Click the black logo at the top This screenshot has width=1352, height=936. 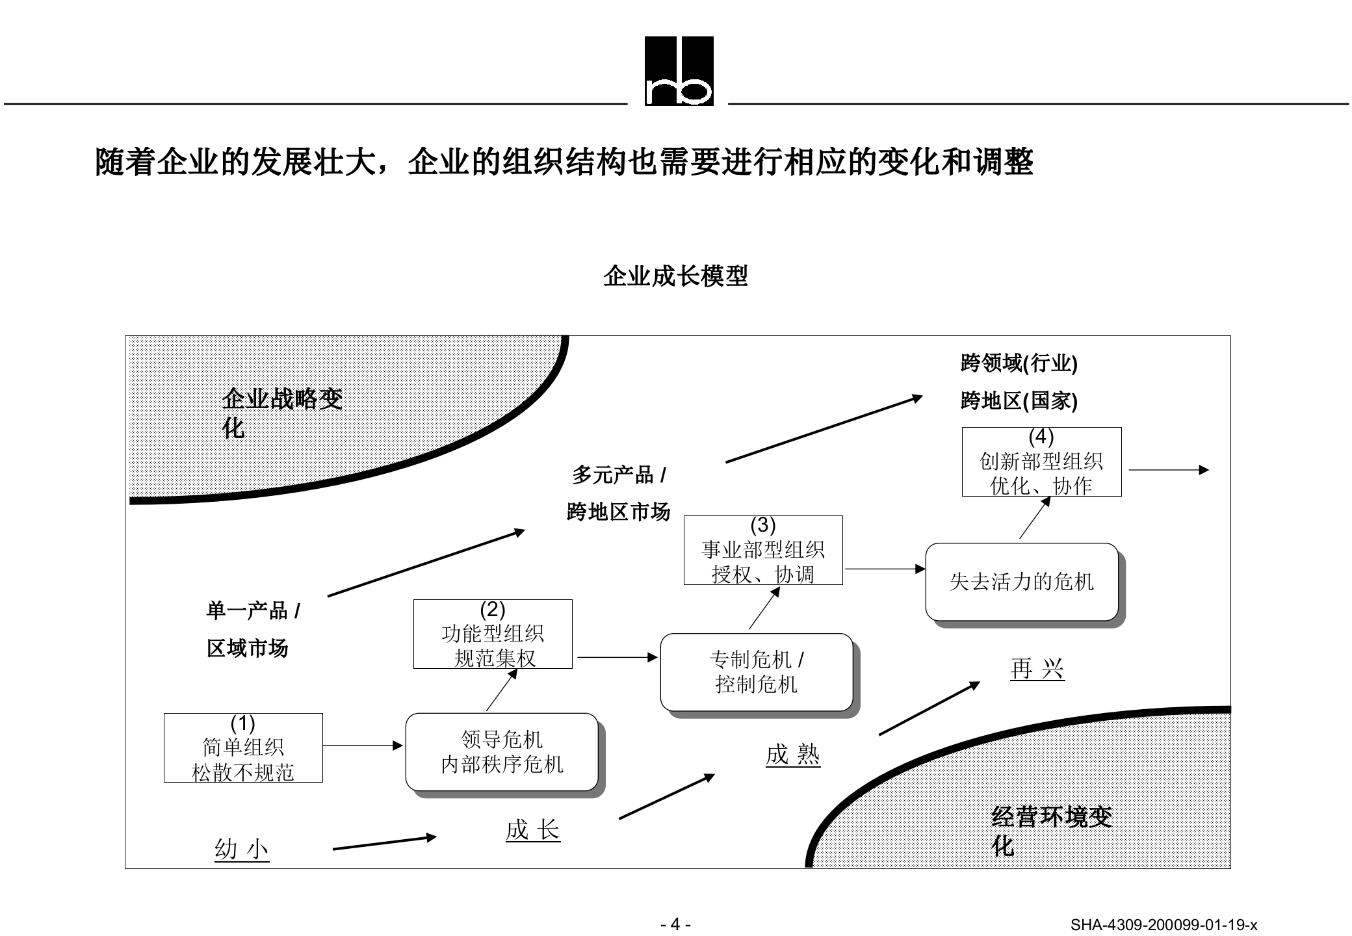tap(679, 71)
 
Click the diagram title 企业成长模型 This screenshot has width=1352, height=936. tap(675, 276)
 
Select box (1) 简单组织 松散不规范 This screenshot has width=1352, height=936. tap(243, 747)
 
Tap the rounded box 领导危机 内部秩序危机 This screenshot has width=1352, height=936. tap(502, 752)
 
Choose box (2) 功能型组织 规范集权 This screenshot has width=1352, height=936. tap(493, 634)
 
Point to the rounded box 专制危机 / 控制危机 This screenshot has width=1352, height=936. tap(756, 672)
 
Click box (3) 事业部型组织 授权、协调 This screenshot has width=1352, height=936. tap(763, 550)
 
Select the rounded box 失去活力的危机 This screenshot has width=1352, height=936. tap(1021, 582)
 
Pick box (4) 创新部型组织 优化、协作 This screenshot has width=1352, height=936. tap(1041, 461)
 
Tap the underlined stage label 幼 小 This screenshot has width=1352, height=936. tap(241, 849)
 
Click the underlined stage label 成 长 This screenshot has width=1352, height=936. tap(532, 830)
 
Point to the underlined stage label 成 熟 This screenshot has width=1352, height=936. tap(792, 755)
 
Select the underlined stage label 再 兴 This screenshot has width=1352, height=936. tap(1037, 669)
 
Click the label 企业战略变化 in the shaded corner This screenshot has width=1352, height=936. tap(281, 413)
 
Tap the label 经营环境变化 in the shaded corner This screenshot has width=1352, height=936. tap(1051, 831)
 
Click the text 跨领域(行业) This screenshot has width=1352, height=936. tap(1019, 363)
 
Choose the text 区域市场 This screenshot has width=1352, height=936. tap(247, 648)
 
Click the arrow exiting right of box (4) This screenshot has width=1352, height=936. tap(1168, 470)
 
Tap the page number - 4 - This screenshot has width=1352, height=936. tap(675, 924)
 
